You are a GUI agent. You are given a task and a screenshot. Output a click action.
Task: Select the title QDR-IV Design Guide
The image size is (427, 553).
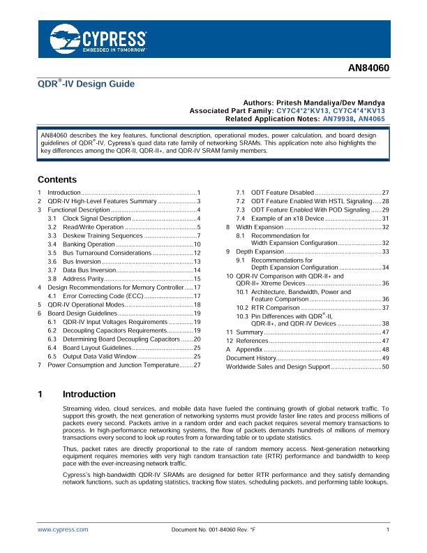tap(86, 84)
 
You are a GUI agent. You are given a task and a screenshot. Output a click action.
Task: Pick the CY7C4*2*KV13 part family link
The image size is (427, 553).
tap(305, 110)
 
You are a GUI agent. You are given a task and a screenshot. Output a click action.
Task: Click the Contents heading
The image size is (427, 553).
tap(57, 179)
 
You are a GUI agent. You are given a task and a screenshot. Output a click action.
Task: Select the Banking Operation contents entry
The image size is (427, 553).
tap(88, 245)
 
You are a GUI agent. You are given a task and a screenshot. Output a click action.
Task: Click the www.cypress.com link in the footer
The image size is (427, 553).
tap(63, 530)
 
